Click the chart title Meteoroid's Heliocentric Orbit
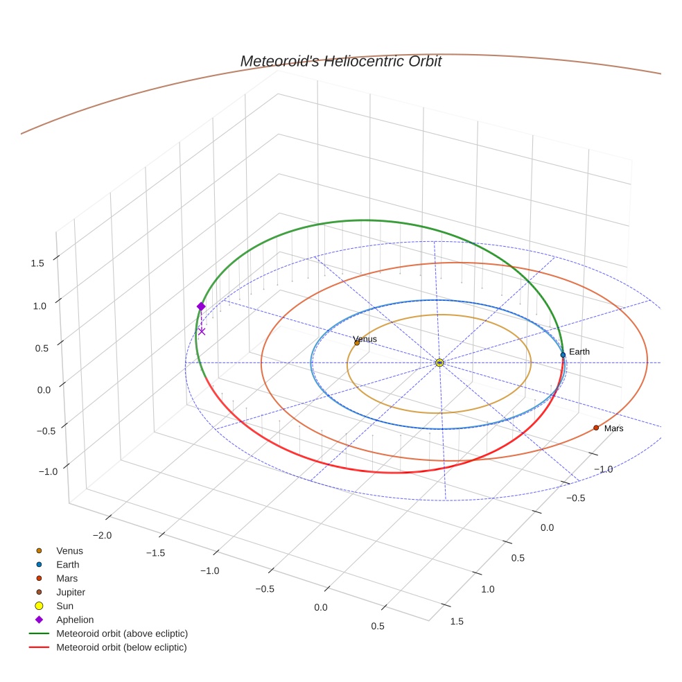tap(340, 62)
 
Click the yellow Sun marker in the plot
tap(439, 362)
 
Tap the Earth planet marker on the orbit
tap(563, 355)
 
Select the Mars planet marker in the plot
tap(596, 428)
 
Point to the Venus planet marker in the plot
tap(357, 342)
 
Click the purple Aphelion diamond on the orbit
tap(201, 306)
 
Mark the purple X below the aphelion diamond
tap(202, 331)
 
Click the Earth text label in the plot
tap(579, 352)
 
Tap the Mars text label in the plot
tap(613, 429)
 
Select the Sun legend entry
tap(64, 606)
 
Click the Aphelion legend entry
tap(75, 620)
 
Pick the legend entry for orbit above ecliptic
tap(122, 633)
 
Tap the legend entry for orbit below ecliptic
tap(122, 647)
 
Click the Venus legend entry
tap(69, 551)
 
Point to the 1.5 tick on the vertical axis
tap(37, 263)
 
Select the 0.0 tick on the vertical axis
tap(44, 390)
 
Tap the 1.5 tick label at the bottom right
tap(457, 621)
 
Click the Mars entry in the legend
tap(67, 578)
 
